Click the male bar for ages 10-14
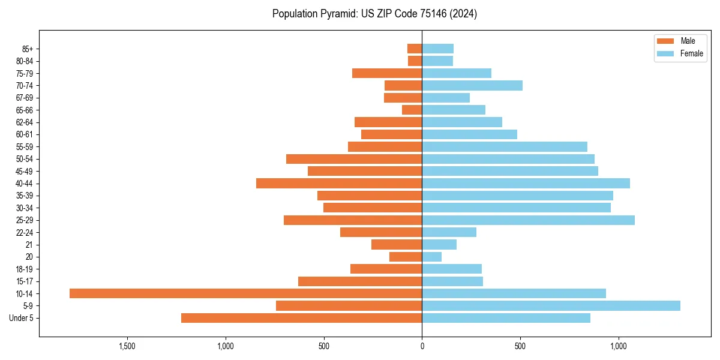tap(246, 293)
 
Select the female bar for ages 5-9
tap(551, 305)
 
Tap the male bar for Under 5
tap(301, 318)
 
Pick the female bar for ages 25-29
tap(528, 220)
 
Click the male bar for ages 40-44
tap(339, 184)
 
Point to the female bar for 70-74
tap(472, 86)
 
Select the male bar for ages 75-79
tap(387, 73)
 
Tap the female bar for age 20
tap(432, 257)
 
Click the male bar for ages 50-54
tap(354, 159)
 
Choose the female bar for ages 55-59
tap(505, 147)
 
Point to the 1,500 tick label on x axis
tap(127, 346)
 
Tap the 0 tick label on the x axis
tap(422, 346)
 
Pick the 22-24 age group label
tap(25, 233)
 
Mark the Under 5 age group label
tap(21, 318)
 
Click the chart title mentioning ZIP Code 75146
tap(374, 14)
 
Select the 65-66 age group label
tap(25, 110)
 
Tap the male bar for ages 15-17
tap(360, 281)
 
